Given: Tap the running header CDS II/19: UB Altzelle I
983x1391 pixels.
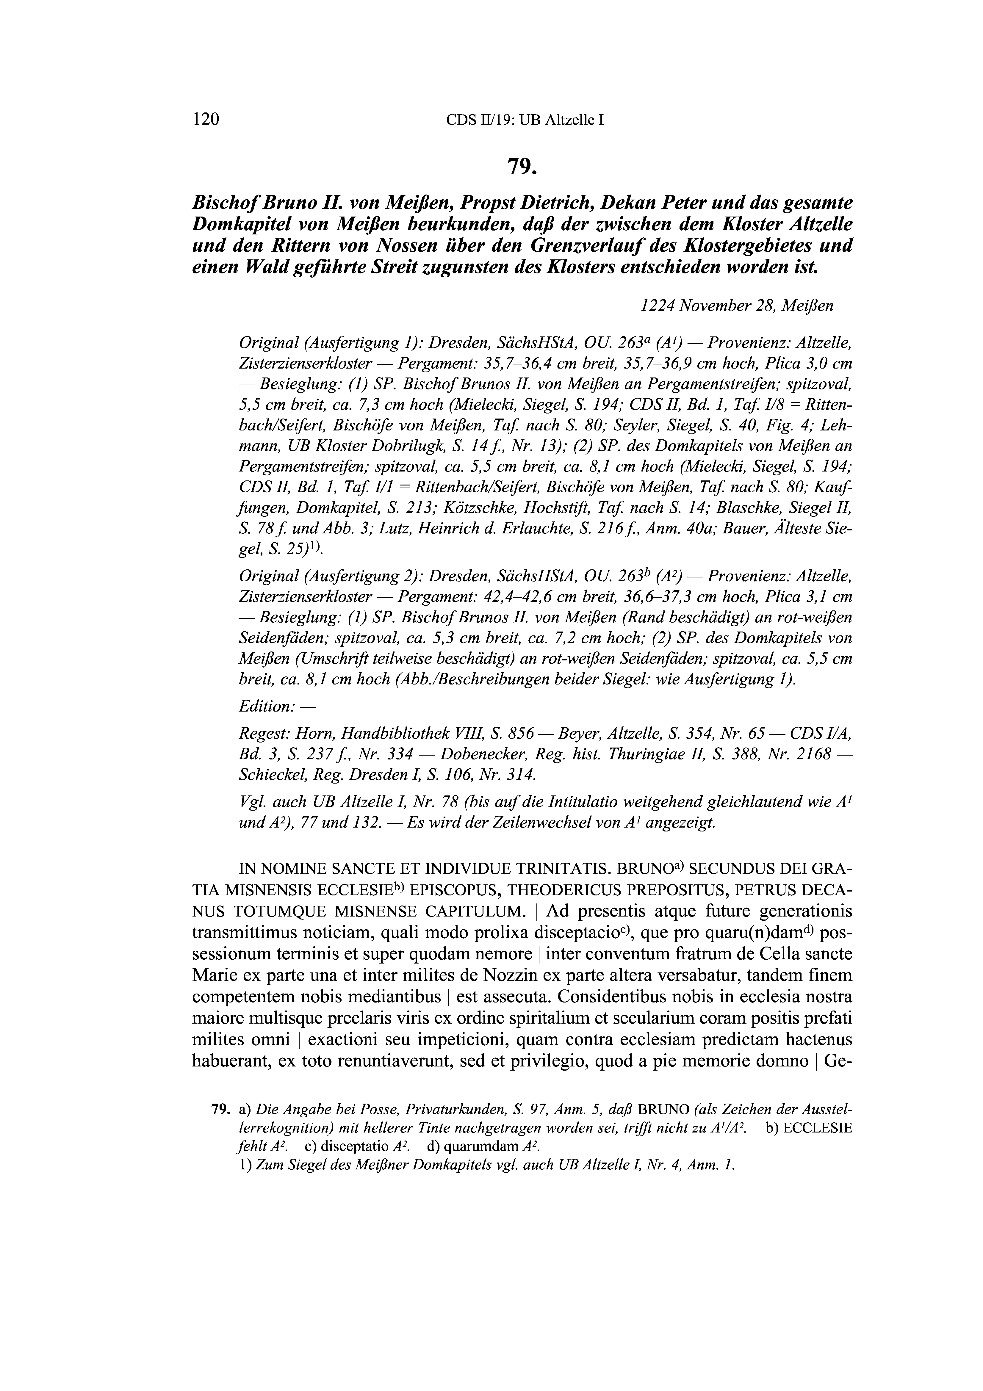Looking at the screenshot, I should point(525,120).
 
